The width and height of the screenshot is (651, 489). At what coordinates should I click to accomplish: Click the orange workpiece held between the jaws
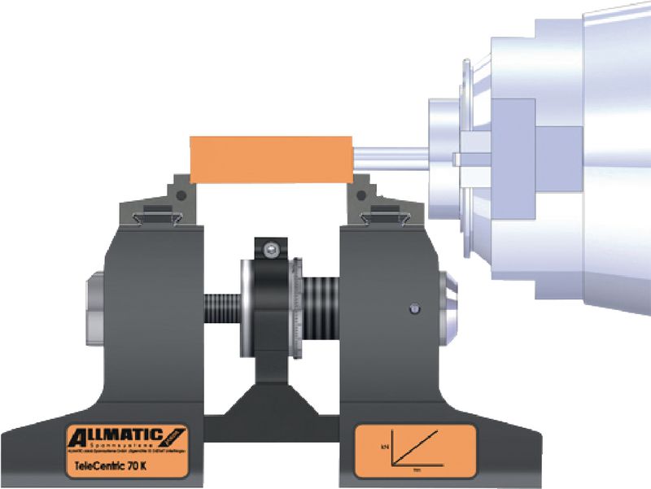coord(269,159)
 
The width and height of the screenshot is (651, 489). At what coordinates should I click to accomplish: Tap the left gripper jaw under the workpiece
coord(178,193)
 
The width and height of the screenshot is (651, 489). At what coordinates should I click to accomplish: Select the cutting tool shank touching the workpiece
coord(391,153)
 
